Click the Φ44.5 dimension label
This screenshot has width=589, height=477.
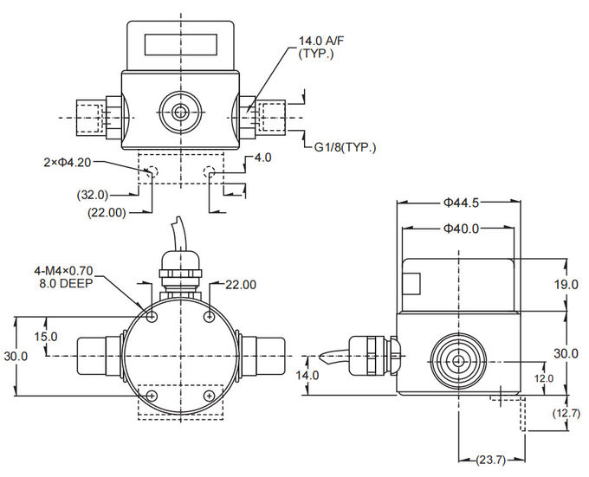click(461, 203)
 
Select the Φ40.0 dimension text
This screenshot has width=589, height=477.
click(461, 229)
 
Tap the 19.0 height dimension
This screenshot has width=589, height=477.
click(567, 284)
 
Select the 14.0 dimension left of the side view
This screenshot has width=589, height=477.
click(307, 375)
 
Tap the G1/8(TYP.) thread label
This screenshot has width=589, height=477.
click(345, 148)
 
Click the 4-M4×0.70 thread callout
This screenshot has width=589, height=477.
click(65, 270)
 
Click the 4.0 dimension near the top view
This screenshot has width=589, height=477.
click(263, 158)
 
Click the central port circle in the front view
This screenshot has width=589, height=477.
click(180, 113)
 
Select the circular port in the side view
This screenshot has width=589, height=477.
click(454, 357)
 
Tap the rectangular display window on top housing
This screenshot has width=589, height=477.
click(180, 42)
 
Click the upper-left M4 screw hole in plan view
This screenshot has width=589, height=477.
click(152, 318)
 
